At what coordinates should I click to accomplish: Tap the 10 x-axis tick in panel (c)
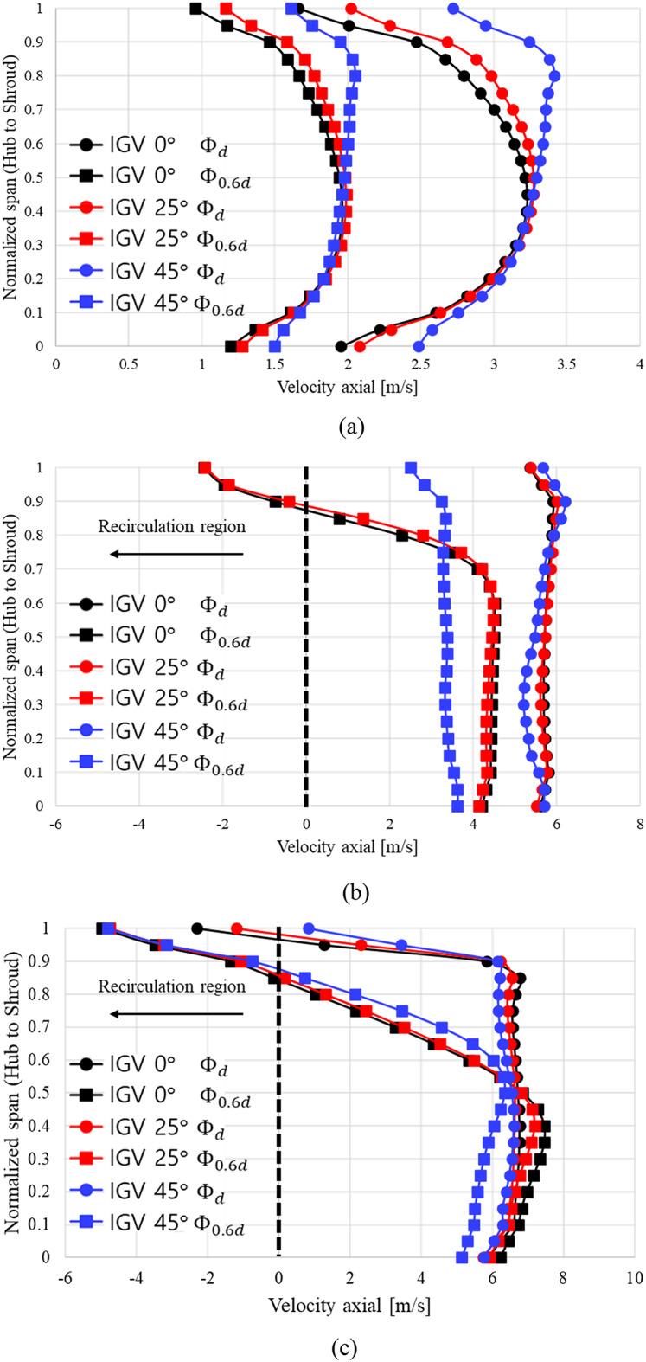[634, 1285]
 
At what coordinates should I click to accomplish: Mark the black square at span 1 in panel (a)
[195, 9]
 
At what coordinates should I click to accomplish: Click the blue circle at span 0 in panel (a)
[419, 346]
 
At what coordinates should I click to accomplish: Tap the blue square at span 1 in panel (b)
[411, 468]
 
